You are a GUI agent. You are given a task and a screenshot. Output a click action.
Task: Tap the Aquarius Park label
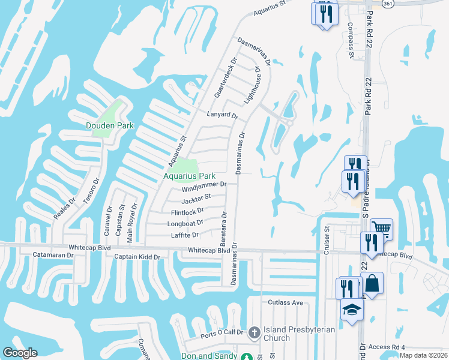190,176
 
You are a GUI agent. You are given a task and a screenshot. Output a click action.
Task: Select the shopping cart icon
381,228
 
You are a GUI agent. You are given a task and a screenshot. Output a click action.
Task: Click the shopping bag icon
372,283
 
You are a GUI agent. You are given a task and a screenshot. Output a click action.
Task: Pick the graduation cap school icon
352,310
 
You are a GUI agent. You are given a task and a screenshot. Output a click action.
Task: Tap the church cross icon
254,332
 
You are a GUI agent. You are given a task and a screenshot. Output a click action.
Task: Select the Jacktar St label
196,199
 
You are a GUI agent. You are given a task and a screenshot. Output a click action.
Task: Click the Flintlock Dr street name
187,211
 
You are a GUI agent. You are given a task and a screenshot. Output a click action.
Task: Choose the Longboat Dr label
185,223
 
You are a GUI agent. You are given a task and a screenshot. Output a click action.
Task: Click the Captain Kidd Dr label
137,257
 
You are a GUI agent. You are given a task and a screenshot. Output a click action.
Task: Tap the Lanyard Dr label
222,115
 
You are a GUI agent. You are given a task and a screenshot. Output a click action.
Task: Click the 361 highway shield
388,3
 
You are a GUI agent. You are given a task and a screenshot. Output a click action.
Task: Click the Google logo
20,352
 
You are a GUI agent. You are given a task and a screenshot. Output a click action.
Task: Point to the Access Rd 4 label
387,347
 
